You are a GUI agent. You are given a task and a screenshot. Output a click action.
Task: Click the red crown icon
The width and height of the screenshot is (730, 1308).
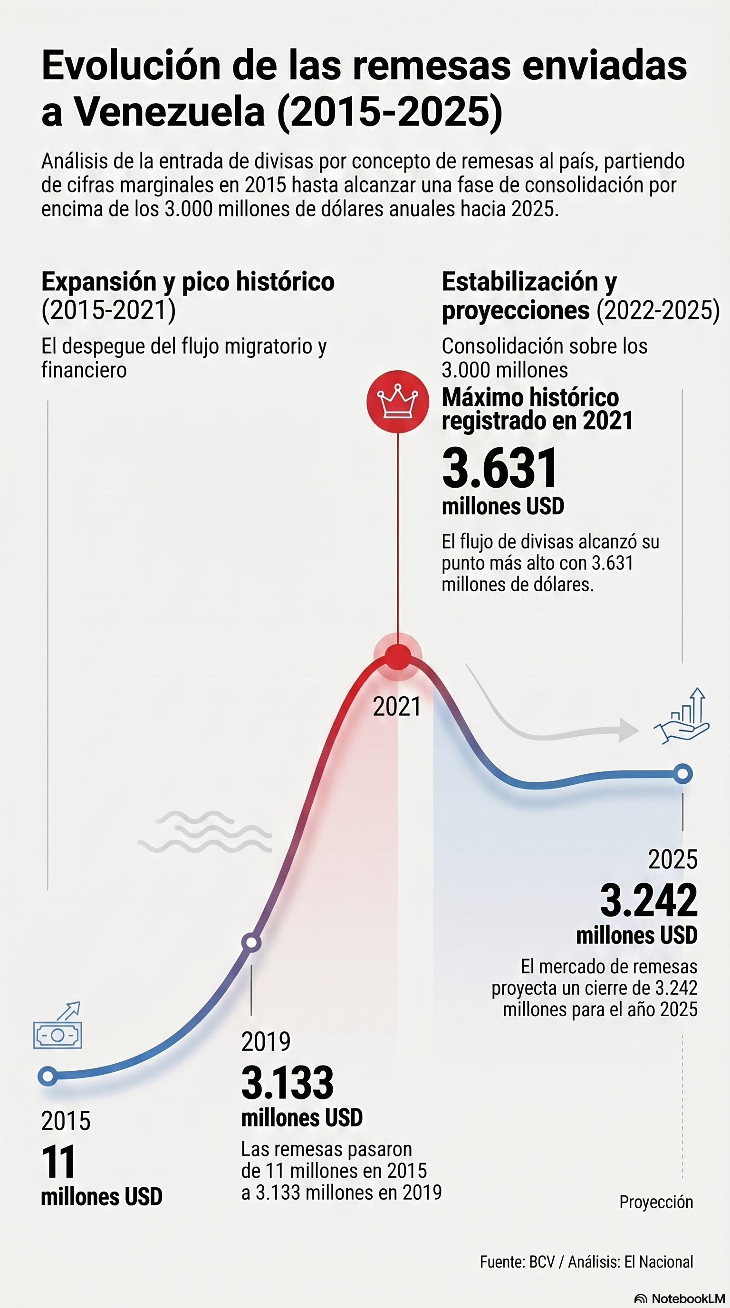(x=397, y=401)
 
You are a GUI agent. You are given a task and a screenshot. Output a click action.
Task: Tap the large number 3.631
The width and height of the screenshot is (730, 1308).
(x=500, y=468)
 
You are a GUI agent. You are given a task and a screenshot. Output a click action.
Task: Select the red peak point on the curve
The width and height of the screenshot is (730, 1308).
(x=398, y=657)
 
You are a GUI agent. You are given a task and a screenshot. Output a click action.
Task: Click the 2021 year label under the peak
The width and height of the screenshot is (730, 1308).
(x=397, y=707)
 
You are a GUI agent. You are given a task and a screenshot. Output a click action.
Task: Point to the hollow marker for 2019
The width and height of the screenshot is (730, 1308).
(x=251, y=943)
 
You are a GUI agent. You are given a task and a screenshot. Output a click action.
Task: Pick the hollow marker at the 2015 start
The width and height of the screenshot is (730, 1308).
(x=48, y=1076)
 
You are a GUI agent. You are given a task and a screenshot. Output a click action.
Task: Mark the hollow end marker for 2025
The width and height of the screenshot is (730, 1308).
(x=683, y=774)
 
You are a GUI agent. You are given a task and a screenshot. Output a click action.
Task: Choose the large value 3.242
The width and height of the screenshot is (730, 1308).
(x=649, y=901)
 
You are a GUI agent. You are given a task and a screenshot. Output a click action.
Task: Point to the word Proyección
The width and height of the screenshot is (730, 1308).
(x=656, y=1202)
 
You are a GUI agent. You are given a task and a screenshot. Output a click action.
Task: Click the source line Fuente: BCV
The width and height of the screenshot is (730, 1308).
(x=586, y=1261)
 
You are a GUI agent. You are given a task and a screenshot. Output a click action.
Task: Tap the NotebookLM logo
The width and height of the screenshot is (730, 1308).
(x=680, y=1298)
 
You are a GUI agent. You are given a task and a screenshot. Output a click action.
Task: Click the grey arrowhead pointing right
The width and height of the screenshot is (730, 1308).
(x=628, y=730)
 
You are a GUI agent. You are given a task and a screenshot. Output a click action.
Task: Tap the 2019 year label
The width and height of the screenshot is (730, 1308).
(x=266, y=1042)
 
